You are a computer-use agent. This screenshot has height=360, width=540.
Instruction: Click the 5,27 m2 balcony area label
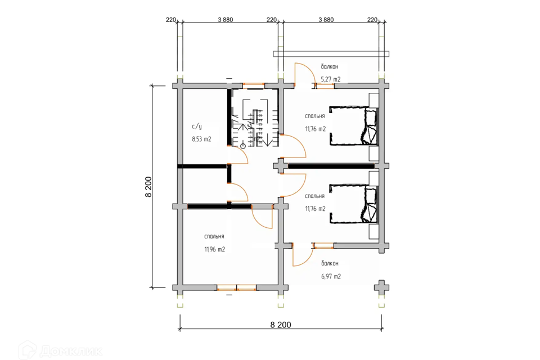click(x=331, y=79)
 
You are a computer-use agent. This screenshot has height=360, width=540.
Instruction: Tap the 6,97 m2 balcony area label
click(x=331, y=276)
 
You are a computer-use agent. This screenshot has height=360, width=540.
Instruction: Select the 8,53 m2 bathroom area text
click(x=201, y=139)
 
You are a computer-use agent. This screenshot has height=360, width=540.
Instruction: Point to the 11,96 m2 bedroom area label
click(x=214, y=249)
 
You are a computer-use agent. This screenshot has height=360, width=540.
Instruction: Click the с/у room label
click(x=197, y=127)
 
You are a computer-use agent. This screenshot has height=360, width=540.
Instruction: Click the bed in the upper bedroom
click(x=354, y=125)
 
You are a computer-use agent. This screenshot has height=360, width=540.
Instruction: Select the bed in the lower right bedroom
click(x=354, y=204)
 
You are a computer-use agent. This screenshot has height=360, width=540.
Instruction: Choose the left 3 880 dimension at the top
click(x=225, y=20)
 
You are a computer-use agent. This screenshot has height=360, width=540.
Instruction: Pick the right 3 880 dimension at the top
click(x=326, y=20)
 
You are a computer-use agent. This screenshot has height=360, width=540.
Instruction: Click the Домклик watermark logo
click(x=61, y=350)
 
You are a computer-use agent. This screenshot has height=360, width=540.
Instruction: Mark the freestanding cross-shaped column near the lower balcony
click(x=381, y=287)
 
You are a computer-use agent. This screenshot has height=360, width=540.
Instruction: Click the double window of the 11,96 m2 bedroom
click(x=237, y=287)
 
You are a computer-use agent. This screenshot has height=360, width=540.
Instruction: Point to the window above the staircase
click(x=254, y=84)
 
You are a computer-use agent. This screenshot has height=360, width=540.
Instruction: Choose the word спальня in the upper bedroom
click(x=315, y=116)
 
